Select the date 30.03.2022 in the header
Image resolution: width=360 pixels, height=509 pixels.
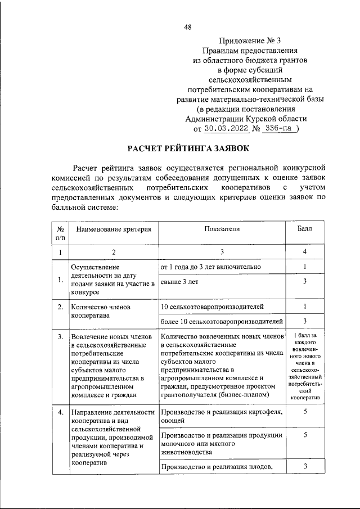[x=224, y=128]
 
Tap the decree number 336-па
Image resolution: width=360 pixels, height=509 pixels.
[x=278, y=128]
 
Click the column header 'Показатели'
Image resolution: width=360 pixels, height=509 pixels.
[x=222, y=229]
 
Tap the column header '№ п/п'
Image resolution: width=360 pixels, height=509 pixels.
[x=60, y=234]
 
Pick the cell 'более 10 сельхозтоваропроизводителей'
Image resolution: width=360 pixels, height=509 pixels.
[x=221, y=321]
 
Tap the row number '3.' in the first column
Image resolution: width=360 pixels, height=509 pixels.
[x=60, y=336]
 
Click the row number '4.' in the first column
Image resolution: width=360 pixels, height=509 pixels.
[x=60, y=414]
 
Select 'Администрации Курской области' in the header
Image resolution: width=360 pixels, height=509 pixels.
[x=246, y=118]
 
